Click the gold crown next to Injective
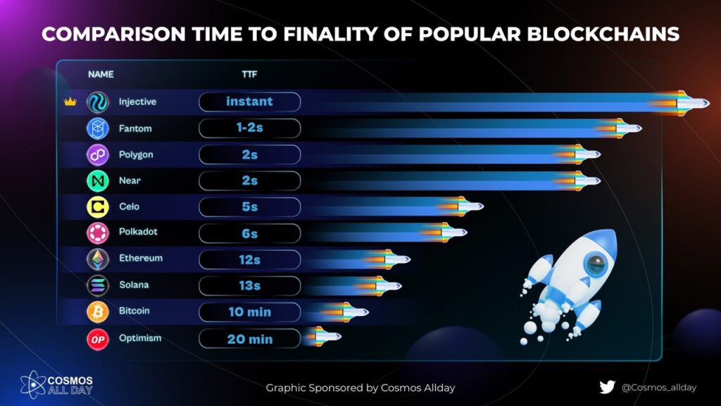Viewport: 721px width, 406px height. pyautogui.click(x=70, y=102)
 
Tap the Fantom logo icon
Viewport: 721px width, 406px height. pyautogui.click(x=96, y=129)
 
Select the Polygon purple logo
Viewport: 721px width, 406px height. pyautogui.click(x=96, y=154)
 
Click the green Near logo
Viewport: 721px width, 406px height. pyautogui.click(x=96, y=180)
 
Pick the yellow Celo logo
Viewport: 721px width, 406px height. pyautogui.click(x=96, y=207)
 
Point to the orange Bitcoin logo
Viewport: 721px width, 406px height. pyautogui.click(x=96, y=311)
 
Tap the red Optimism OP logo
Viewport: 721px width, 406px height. pyautogui.click(x=96, y=338)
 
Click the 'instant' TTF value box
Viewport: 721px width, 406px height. pyautogui.click(x=249, y=102)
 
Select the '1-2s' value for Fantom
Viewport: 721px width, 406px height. pyautogui.click(x=249, y=128)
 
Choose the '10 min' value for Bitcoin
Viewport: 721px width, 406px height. pyautogui.click(x=249, y=312)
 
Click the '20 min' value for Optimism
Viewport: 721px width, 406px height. pyautogui.click(x=249, y=339)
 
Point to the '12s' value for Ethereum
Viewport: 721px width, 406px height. pyautogui.click(x=249, y=259)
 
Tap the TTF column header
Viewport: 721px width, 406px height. pyautogui.click(x=249, y=74)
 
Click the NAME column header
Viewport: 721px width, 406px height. pyautogui.click(x=101, y=74)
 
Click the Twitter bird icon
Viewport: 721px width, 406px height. pyautogui.click(x=607, y=387)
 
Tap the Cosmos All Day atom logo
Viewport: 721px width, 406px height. pyautogui.click(x=32, y=385)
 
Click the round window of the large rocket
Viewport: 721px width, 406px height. pyautogui.click(x=596, y=266)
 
